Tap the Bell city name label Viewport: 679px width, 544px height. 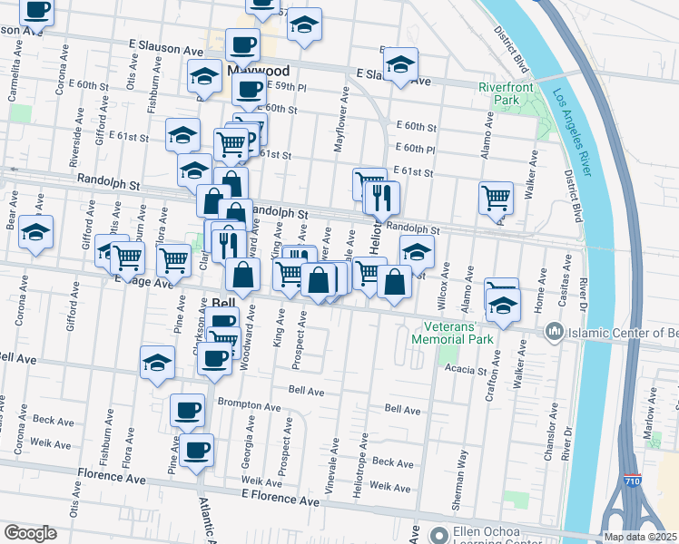[224, 303]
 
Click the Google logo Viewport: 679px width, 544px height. [30, 533]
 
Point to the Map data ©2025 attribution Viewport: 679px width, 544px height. [639, 537]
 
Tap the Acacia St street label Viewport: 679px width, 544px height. [467, 370]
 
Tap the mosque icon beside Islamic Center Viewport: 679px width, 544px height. [554, 334]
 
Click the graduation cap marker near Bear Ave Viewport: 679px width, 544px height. [36, 233]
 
